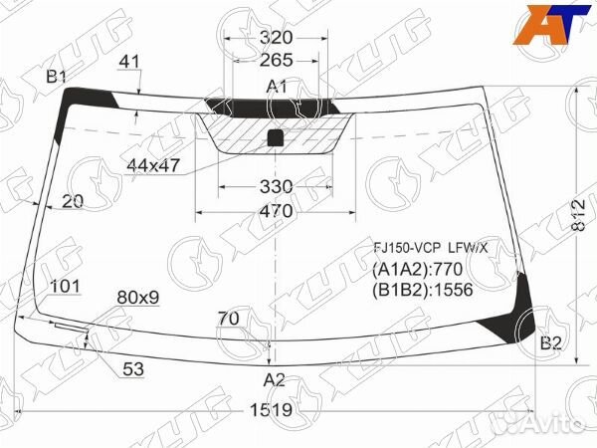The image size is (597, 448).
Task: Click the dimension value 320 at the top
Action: [x=276, y=39]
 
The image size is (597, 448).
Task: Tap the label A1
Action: [x=276, y=87]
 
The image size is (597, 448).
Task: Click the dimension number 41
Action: [x=129, y=62]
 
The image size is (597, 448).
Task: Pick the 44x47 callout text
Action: [x=153, y=165]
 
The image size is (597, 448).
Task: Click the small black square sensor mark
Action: [x=277, y=138]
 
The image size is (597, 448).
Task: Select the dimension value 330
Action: [x=276, y=186]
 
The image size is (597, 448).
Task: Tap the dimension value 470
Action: [x=276, y=211]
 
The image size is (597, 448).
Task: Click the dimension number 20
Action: [x=72, y=201]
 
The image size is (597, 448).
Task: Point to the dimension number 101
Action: [x=65, y=287]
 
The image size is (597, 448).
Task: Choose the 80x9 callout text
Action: [x=138, y=297]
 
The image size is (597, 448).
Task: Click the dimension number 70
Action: [x=229, y=320]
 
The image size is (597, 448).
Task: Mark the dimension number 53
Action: [x=133, y=369]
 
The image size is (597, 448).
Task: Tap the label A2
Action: [x=275, y=379]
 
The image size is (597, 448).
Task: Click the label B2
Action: [x=551, y=344]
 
